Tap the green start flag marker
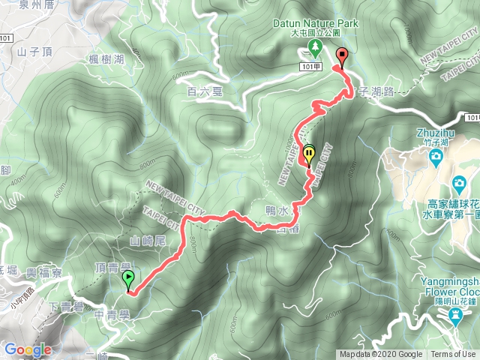click(x=128, y=280)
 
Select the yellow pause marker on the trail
click(x=309, y=155)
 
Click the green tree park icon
click(x=315, y=49)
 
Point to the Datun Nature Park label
click(x=315, y=23)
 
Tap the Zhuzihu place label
click(x=434, y=133)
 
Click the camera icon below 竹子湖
click(x=435, y=157)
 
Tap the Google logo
click(x=28, y=349)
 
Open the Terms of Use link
click(x=453, y=355)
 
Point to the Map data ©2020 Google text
click(x=380, y=355)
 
